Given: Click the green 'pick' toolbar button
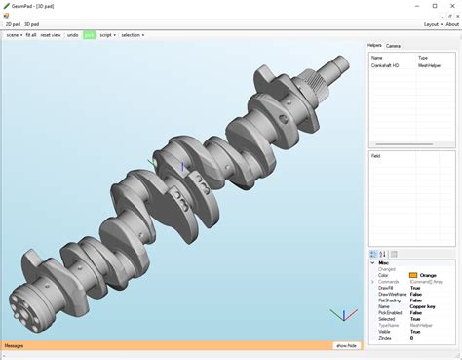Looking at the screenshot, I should (90, 34).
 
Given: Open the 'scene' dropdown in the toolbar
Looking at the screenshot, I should (14, 34).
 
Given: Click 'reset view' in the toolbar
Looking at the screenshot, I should (51, 34).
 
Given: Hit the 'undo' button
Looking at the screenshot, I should (73, 34).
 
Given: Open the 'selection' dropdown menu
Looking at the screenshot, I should (132, 34).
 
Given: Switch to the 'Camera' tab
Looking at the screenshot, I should (393, 46).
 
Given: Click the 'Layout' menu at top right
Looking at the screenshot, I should (432, 23).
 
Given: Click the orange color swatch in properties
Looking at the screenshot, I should (414, 275).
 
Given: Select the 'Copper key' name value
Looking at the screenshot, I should (423, 305).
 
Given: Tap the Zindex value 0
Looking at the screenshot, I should (411, 337).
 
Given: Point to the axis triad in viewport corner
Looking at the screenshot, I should (342, 315).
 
